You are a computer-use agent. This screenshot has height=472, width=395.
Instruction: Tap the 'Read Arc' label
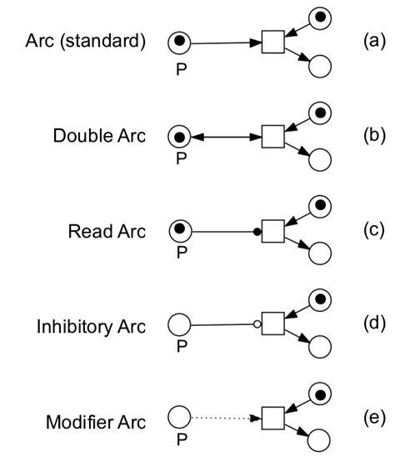pyautogui.click(x=107, y=230)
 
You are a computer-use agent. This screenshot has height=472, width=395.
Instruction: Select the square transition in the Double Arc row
pyautogui.click(x=273, y=136)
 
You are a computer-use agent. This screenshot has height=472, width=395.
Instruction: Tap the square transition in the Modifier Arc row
pyautogui.click(x=273, y=418)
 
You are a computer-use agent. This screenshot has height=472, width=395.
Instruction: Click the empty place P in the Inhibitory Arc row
pyautogui.click(x=180, y=324)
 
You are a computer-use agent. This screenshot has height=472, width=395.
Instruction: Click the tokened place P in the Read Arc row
pyautogui.click(x=180, y=229)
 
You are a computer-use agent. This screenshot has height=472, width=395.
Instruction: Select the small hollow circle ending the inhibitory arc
pyautogui.click(x=257, y=324)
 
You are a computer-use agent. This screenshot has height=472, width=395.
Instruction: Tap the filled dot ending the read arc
pyautogui.click(x=257, y=230)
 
